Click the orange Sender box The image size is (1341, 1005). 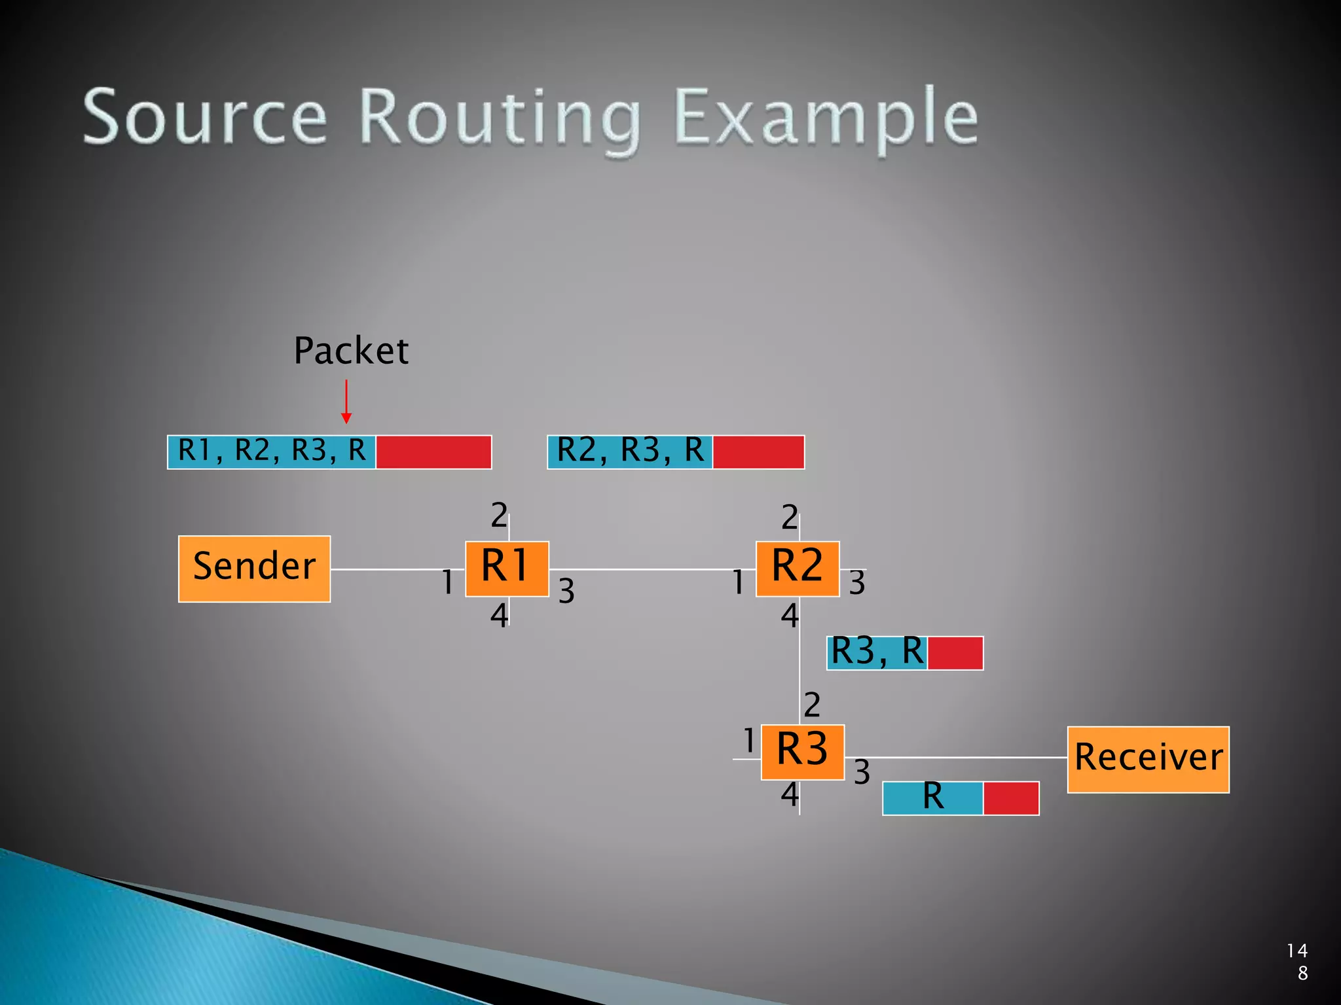[254, 569]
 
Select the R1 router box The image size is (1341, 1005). [507, 569]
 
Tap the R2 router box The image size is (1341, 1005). [798, 569]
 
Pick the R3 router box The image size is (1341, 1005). [802, 752]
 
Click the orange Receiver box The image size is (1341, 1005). [1148, 759]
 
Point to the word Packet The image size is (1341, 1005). [351, 351]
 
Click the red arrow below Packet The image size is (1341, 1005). [346, 402]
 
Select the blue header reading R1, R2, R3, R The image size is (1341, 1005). [272, 451]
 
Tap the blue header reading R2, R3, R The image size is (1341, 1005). [630, 451]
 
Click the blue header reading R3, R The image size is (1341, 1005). [877, 652]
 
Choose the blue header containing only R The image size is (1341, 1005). [932, 798]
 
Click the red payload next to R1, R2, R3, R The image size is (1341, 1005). [433, 451]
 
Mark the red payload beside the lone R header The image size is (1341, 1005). [1011, 798]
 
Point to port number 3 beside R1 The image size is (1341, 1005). [566, 591]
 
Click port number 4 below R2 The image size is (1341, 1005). [790, 616]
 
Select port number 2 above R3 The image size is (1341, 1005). [812, 705]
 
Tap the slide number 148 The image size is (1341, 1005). [1298, 961]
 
